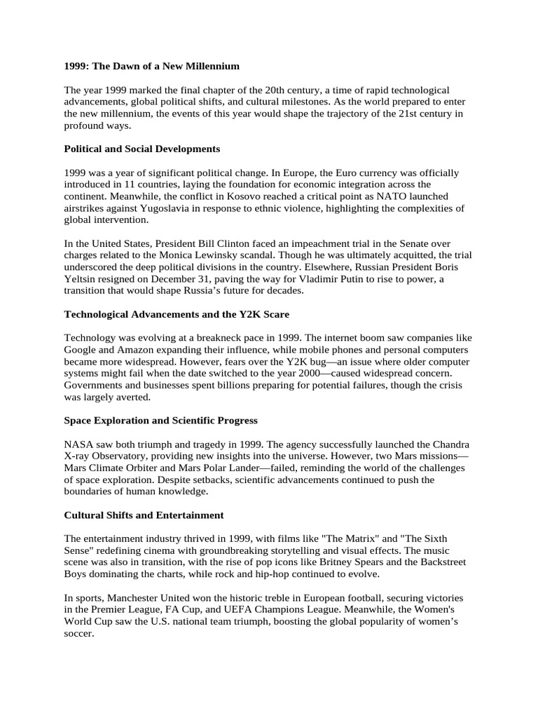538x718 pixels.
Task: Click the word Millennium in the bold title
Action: (211, 66)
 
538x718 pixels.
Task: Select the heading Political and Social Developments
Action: (142, 149)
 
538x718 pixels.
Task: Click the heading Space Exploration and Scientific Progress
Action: (161, 421)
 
